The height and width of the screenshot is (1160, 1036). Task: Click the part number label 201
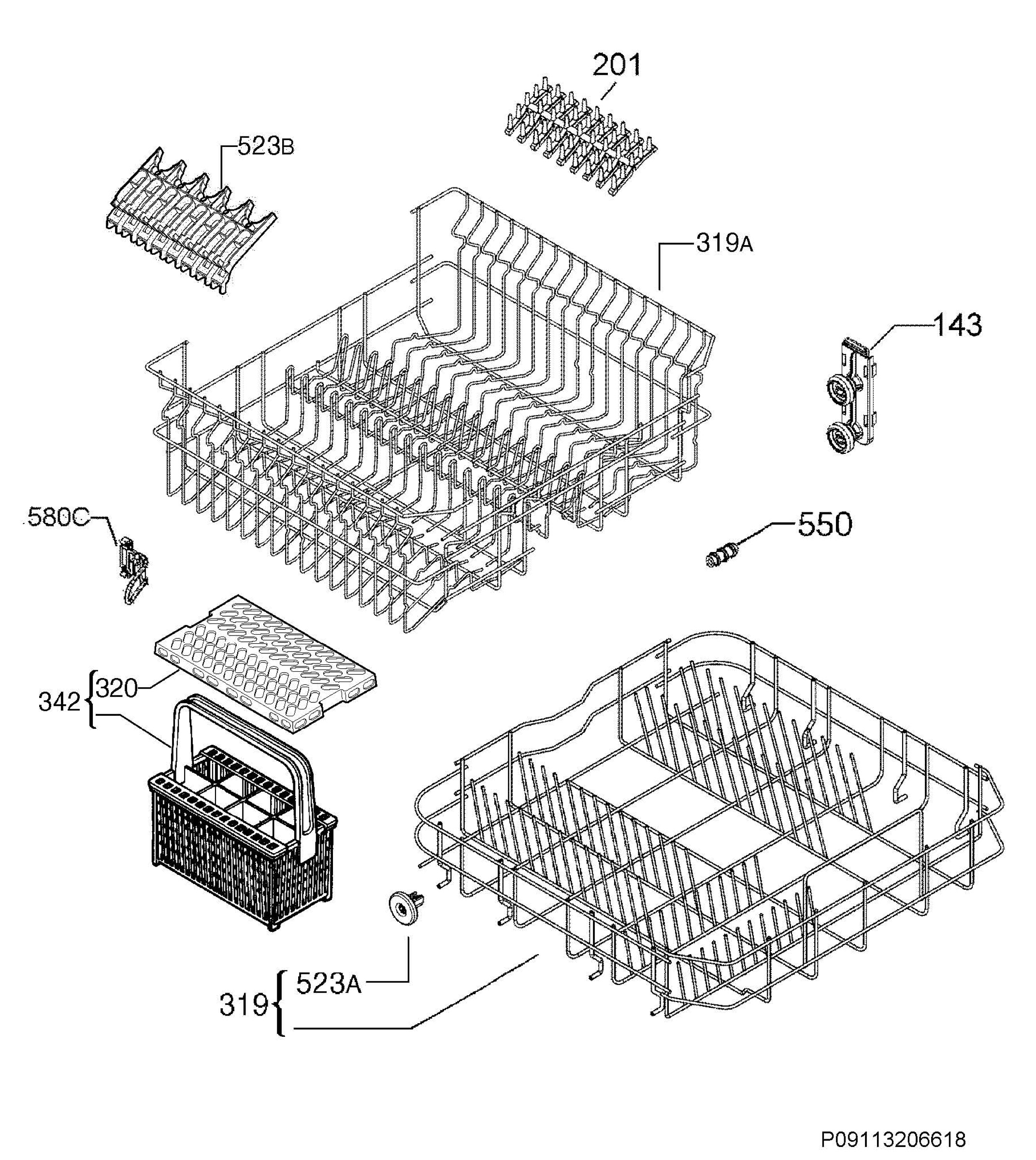coord(617,65)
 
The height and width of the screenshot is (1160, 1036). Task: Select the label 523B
coord(265,147)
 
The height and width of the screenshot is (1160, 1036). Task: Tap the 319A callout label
coord(724,244)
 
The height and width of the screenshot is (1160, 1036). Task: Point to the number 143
coord(957,325)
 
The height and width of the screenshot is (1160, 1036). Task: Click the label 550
coord(825,524)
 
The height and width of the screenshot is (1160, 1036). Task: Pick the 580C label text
coord(58,518)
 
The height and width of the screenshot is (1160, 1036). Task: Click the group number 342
coord(59,702)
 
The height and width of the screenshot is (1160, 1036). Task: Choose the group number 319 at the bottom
coord(244,1005)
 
